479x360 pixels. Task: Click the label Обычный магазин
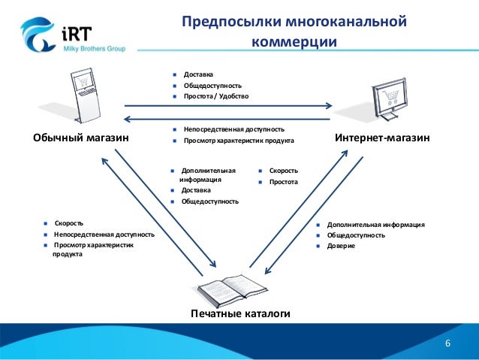point(80,139)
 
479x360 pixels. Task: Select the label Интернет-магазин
point(381,139)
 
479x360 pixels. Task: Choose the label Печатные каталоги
point(240,313)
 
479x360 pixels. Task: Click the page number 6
point(448,344)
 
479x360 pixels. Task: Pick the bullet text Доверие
point(342,246)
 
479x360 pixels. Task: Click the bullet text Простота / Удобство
point(215,96)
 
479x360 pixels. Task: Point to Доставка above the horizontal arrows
point(198,74)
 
